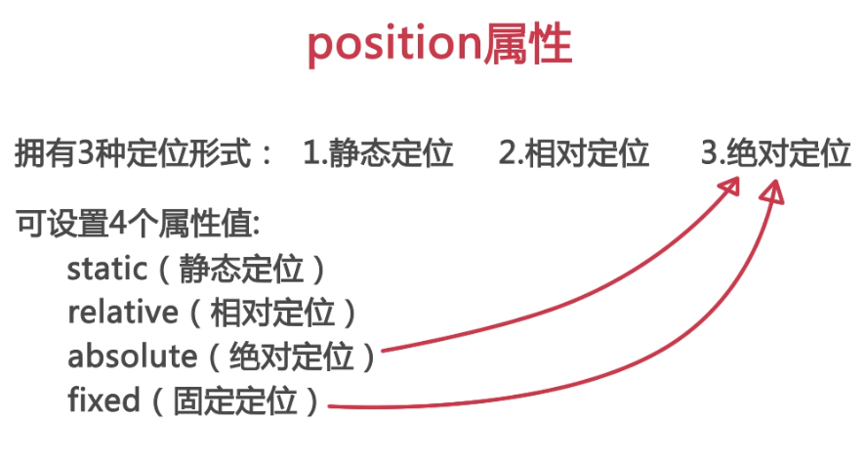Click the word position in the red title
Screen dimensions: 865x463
(x=393, y=47)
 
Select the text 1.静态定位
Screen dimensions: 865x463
(x=378, y=153)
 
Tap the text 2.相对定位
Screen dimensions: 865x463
(x=573, y=153)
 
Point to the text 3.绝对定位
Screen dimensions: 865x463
(x=776, y=153)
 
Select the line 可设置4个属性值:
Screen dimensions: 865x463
(x=137, y=223)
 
